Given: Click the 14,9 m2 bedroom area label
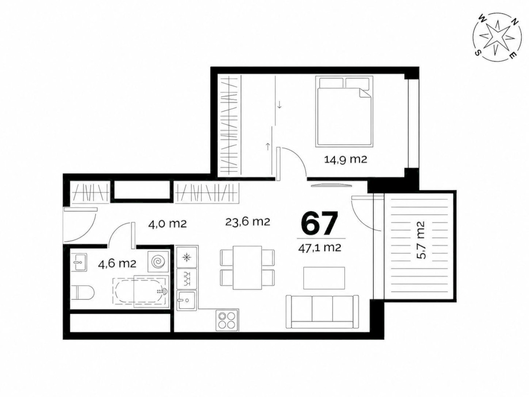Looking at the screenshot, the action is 345,159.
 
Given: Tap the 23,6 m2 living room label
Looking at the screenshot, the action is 248,222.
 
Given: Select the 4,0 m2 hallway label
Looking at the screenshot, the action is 167,224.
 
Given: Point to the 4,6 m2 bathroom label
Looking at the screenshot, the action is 117,264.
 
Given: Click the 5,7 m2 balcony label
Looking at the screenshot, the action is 421,240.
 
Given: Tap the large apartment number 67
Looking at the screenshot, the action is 319,223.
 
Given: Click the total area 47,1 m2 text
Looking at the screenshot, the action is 320,248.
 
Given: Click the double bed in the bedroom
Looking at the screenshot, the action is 344,111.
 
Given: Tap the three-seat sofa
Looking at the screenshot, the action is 322,311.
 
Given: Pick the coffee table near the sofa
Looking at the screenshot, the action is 324,278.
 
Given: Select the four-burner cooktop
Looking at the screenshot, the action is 227,320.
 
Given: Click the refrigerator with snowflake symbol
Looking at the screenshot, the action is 186,258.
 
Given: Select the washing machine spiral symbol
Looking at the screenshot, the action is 158,262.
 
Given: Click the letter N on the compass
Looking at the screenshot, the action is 515,22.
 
